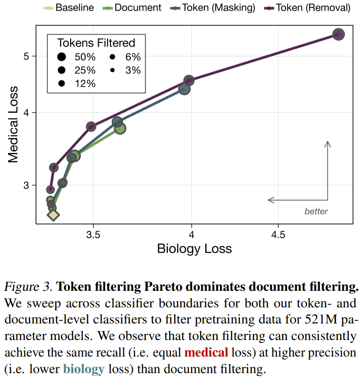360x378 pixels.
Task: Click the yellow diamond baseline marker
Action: tap(53, 214)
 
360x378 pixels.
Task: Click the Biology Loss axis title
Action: tap(194, 248)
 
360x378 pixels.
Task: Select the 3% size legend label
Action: tap(132, 70)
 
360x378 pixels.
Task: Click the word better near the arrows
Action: tap(316, 211)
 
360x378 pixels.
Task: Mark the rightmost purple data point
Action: tap(339, 34)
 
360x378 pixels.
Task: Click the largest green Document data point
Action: tap(120, 128)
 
